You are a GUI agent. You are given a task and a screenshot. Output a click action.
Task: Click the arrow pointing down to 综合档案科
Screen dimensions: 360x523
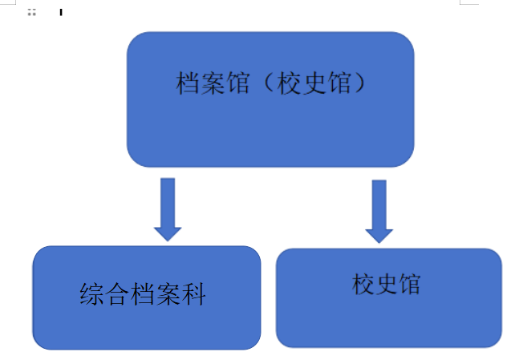point(168,208)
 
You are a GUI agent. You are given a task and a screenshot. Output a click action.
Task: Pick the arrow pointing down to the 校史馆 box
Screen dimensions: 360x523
point(379,210)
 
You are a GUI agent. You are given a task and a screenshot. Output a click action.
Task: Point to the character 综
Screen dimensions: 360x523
point(93,294)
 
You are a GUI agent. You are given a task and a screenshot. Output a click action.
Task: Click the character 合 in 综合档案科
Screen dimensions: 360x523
point(118,294)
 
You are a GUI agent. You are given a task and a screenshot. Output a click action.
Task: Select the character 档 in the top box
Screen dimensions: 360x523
point(188,83)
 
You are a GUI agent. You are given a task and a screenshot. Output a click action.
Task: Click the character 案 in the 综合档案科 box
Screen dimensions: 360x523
point(169,294)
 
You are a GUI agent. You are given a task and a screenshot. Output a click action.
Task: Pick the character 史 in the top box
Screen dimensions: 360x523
point(312,83)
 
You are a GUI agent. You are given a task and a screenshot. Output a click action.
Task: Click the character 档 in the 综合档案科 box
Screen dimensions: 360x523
point(144,294)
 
